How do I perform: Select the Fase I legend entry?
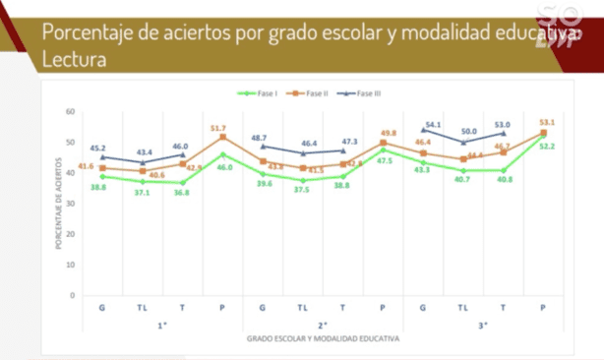[x=260, y=92]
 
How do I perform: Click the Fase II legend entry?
[x=314, y=92]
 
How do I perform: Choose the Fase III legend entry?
[x=368, y=92]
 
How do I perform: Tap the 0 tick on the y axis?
[x=72, y=295]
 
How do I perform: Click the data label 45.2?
[x=100, y=149]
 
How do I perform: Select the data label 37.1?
[x=142, y=193]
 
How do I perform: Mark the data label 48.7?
[x=261, y=138]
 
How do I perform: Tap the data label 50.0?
[x=470, y=131]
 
